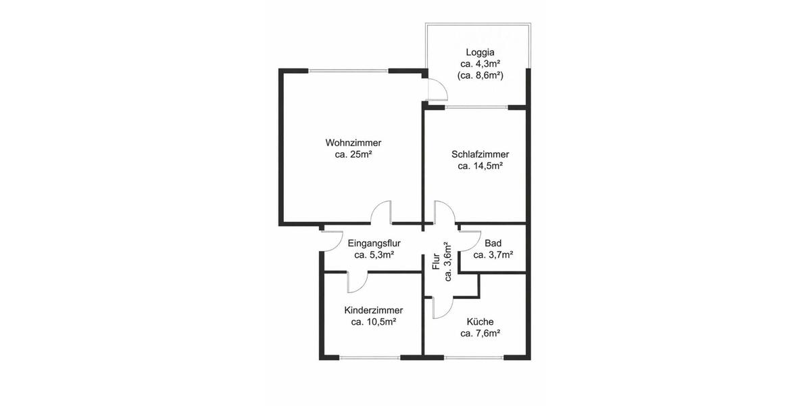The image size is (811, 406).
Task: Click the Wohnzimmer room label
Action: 353,143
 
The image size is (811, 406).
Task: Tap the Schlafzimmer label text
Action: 480,154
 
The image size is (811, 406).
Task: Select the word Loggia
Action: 480,51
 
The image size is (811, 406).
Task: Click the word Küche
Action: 480,321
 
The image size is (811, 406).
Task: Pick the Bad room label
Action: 493,243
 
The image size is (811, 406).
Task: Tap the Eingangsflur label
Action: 374,243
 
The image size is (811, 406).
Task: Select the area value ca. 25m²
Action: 353,155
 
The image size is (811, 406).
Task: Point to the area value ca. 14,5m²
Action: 480,166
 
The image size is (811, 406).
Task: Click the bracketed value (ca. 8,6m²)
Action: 480,76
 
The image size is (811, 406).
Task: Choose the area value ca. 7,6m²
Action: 480,334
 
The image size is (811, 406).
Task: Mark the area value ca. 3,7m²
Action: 493,255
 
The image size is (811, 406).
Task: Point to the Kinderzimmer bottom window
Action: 370,357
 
